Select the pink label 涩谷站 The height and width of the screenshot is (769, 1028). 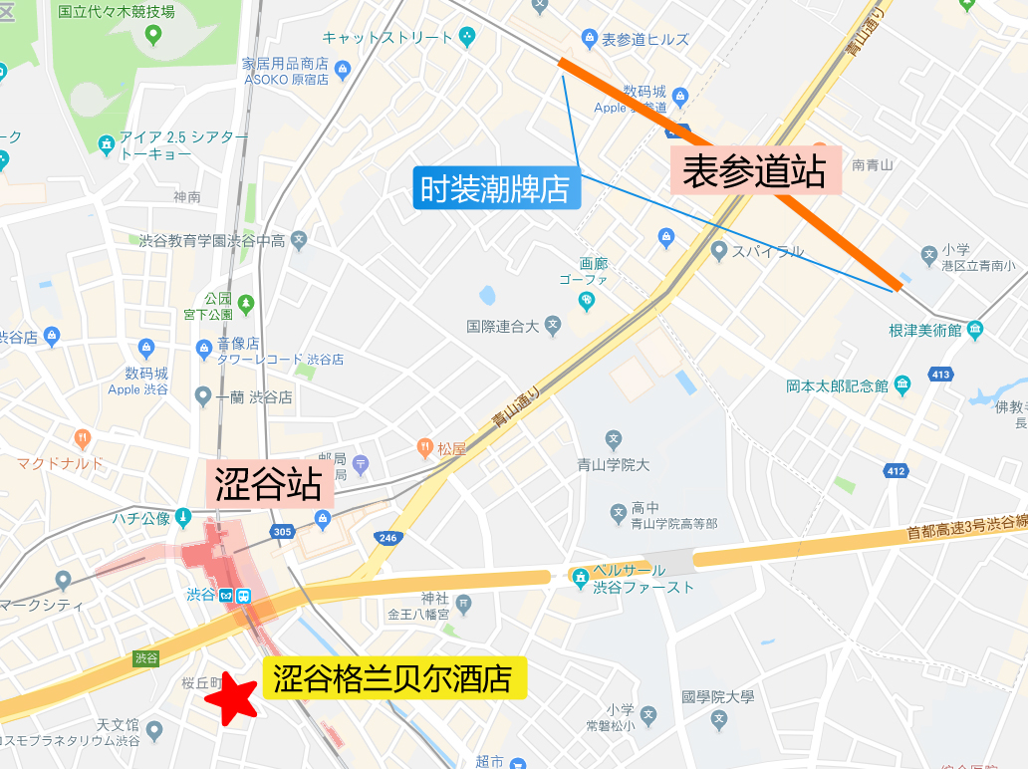268,485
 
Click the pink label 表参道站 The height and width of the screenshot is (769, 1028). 755,171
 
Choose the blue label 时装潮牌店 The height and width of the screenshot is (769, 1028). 495,188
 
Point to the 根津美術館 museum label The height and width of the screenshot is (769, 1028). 925,329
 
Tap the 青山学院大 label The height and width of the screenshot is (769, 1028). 614,464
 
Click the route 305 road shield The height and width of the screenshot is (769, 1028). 282,532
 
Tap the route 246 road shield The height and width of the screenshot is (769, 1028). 387,538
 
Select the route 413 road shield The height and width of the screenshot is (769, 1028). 939,375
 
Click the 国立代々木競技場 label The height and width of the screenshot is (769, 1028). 116,12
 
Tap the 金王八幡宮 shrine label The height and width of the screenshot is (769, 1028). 420,614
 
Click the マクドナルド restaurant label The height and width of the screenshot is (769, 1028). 60,463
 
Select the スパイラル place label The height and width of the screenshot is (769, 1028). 767,251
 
